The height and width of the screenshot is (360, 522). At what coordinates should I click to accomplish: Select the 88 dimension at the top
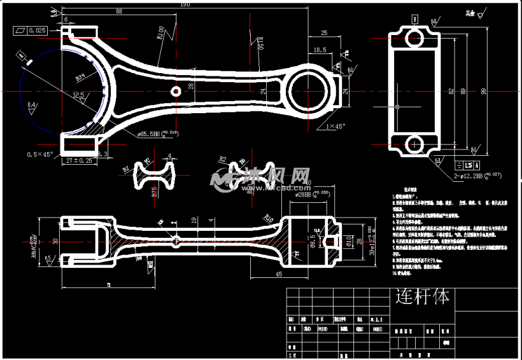pos(119,11)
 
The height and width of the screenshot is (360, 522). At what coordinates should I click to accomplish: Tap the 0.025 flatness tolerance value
pos(38,30)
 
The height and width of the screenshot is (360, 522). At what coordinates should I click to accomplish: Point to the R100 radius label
pos(160,33)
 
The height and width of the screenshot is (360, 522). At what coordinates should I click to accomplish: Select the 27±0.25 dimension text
pos(80,161)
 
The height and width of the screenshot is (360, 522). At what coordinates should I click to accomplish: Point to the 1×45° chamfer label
pos(335,126)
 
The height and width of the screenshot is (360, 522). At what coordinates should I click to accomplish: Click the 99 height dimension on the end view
pos(483,92)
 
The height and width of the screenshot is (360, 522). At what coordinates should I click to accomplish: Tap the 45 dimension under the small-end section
pos(278,274)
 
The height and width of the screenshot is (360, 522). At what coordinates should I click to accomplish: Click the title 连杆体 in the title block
pos(422,296)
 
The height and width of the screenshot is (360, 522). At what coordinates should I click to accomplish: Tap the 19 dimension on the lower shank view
pos(194,220)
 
